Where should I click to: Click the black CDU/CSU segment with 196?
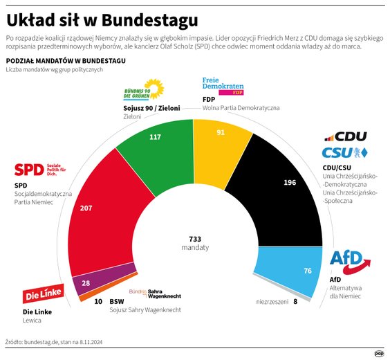[x=284, y=183]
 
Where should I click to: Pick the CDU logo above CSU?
[x=345, y=136]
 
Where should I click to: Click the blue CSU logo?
[x=344, y=152]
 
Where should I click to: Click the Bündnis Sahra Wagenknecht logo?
[x=154, y=294]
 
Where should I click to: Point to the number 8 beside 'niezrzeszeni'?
[x=295, y=302]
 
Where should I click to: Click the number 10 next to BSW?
[x=98, y=302]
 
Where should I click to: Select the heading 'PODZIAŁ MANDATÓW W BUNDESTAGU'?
[x=65, y=62]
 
